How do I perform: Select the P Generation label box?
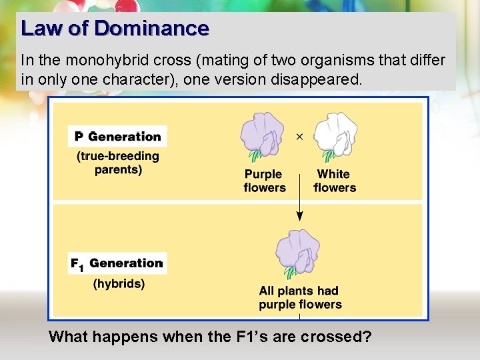pyautogui.click(x=117, y=137)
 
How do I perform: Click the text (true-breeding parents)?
pyautogui.click(x=118, y=163)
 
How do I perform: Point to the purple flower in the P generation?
pyautogui.click(x=263, y=135)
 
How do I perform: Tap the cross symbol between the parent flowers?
pyautogui.click(x=299, y=137)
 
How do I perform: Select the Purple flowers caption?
pyautogui.click(x=263, y=181)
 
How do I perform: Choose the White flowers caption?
pyautogui.click(x=334, y=181)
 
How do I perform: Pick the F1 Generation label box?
pyautogui.click(x=117, y=263)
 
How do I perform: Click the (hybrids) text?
pyautogui.click(x=119, y=283)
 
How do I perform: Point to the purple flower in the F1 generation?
pyautogui.click(x=299, y=251)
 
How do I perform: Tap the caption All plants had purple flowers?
pyautogui.click(x=300, y=297)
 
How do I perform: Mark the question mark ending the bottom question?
pyautogui.click(x=367, y=337)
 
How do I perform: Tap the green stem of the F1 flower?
pyautogui.click(x=291, y=272)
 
